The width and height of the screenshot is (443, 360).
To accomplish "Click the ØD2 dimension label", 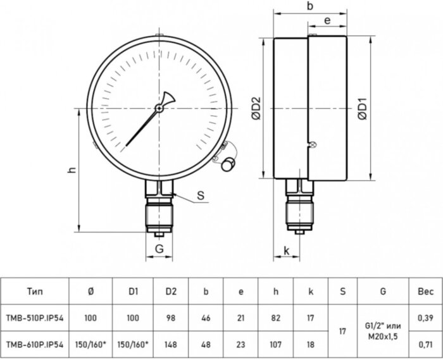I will tap(256, 108).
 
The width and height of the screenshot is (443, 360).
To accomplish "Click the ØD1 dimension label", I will tap(363, 108).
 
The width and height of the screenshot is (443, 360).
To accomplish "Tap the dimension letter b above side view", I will tap(309, 6).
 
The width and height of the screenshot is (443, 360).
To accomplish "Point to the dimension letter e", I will tap(327, 21).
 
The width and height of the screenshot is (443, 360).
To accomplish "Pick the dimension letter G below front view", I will tap(160, 249).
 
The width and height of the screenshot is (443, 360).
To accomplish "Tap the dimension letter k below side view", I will tap(287, 251).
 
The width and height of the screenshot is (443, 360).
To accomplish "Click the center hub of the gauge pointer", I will tap(159, 108).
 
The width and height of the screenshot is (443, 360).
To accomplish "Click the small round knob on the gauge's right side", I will tap(227, 164).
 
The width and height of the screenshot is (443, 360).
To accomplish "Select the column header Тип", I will tap(35, 291).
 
